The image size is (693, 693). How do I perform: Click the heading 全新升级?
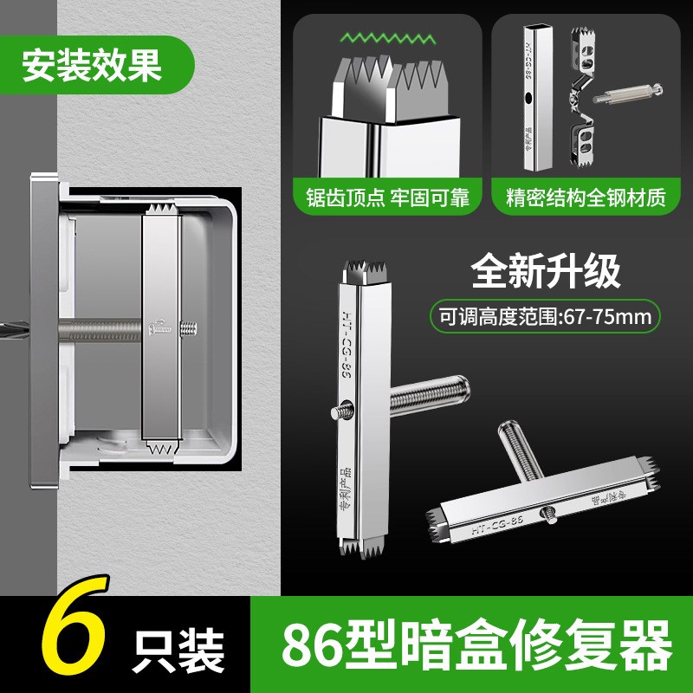pos(546,271)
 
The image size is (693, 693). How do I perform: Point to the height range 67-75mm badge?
pos(546,316)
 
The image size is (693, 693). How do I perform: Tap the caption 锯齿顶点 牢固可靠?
pos(387,198)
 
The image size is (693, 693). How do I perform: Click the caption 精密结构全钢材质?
pos(586,198)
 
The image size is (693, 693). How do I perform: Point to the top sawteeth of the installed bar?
pos(162,210)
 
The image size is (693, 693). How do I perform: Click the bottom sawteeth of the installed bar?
pos(162,448)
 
